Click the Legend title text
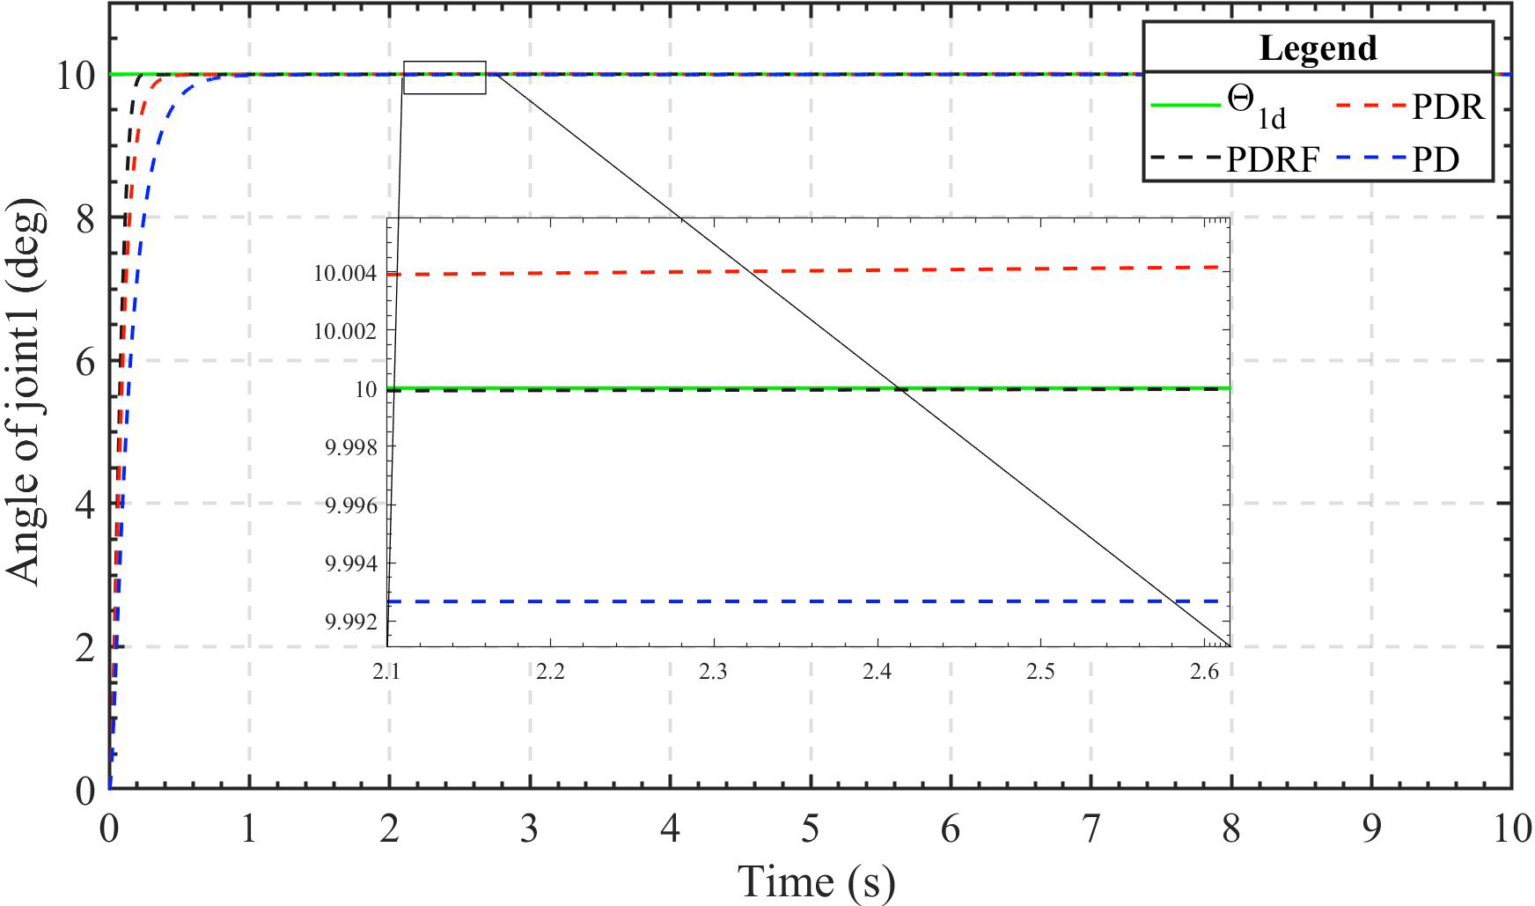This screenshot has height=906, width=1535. tap(1318, 48)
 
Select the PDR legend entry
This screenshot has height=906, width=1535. tap(1409, 107)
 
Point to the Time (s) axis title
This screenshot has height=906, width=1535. tap(816, 881)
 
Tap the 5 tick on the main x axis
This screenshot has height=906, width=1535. tap(810, 829)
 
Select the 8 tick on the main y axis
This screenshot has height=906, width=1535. tap(85, 218)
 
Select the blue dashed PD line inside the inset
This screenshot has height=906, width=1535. tap(792, 601)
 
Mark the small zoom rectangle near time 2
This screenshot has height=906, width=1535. tap(444, 77)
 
